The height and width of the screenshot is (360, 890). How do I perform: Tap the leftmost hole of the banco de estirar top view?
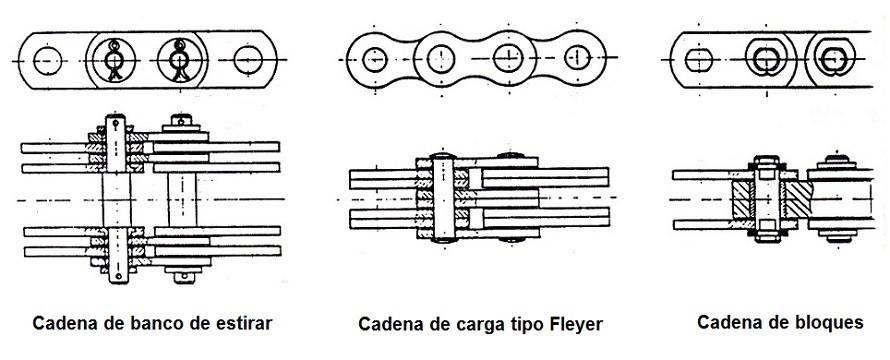click(46, 61)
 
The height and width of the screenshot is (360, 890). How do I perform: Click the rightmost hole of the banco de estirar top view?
click(249, 61)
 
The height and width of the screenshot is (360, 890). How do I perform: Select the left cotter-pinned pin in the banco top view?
click(115, 60)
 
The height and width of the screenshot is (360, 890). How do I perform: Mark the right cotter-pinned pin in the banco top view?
click(181, 60)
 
